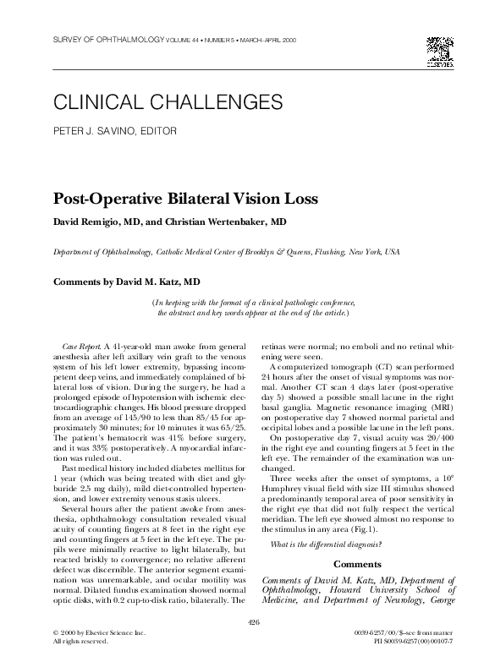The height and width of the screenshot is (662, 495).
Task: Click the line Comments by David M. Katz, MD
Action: pos(127,280)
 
